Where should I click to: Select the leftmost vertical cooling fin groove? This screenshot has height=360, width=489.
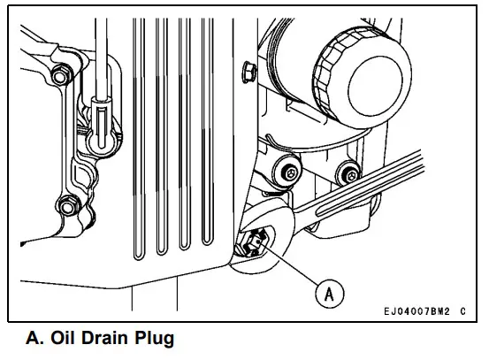pyautogui.click(x=138, y=142)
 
